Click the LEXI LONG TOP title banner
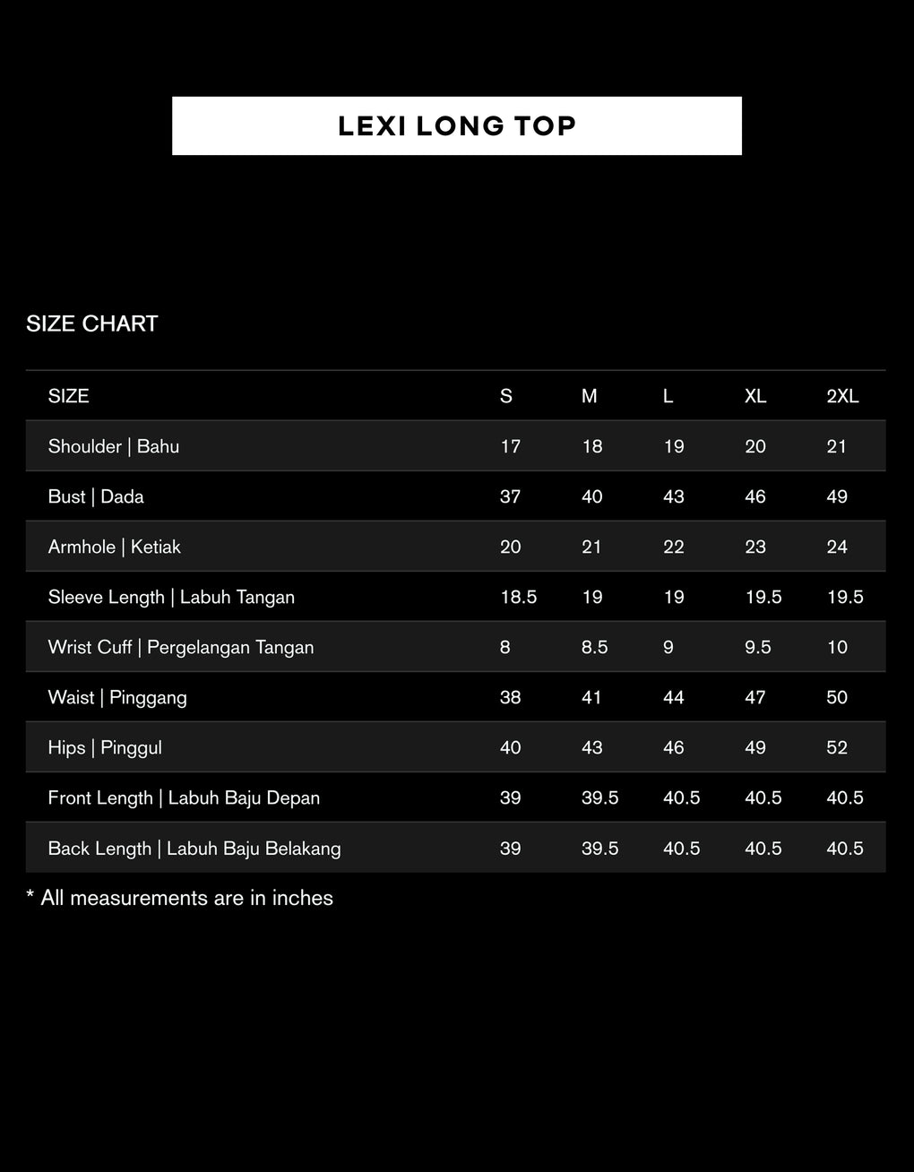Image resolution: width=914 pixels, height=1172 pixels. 457,125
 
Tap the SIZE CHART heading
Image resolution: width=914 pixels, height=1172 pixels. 91,323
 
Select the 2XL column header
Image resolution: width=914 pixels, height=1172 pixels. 842,396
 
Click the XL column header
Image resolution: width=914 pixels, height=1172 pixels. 754,396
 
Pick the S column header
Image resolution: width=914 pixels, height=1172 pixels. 505,396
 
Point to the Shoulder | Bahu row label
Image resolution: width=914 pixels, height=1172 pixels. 113,446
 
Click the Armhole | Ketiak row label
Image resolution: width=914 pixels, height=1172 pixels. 115,547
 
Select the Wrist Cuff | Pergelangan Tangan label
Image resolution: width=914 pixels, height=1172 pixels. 181,647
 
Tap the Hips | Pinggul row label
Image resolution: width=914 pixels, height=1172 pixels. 105,747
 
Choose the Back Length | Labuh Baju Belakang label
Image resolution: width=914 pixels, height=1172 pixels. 194,849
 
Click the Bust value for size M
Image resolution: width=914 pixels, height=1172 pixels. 591,496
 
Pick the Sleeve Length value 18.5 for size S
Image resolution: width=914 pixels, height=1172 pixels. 518,597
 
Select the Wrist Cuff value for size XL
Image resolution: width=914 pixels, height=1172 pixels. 757,647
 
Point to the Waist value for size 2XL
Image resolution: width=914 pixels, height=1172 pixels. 837,697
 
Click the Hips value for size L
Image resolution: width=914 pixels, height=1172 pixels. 674,747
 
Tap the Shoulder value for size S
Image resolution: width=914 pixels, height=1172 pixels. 510,446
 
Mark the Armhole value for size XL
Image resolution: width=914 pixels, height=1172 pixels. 754,547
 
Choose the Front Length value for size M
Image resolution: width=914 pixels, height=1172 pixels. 599,797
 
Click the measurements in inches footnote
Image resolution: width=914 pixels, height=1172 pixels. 179,898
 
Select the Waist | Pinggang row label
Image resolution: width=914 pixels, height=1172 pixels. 117,697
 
